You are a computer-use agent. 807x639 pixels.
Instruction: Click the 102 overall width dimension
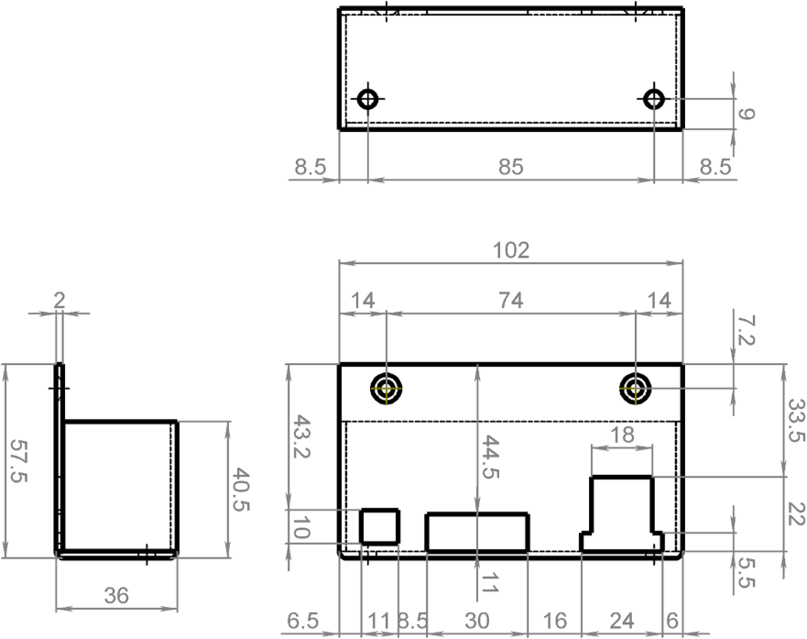coord(510,251)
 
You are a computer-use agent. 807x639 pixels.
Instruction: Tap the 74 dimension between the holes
coord(510,301)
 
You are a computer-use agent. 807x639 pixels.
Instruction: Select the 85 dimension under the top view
coord(510,168)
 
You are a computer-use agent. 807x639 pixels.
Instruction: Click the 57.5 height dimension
coord(18,461)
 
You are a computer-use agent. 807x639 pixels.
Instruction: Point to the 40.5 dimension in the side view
coord(240,490)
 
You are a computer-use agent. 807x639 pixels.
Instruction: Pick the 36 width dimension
coord(116,596)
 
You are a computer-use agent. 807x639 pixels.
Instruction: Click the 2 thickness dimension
coord(60,300)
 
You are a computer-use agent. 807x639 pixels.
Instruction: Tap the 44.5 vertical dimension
coord(490,457)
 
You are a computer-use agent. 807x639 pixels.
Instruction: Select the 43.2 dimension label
coord(300,436)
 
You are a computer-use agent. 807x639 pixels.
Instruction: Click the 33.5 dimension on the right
coord(796,420)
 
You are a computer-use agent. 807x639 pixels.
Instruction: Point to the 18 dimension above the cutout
coord(622,435)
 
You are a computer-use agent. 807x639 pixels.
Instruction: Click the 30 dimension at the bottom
coord(477,622)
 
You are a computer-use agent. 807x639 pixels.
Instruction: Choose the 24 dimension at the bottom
coord(622,622)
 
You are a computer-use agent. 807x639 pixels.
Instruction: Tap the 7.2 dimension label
coord(746,331)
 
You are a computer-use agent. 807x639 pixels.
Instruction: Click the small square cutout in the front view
coord(380,526)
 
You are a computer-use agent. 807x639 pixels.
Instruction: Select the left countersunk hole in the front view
coord(386,388)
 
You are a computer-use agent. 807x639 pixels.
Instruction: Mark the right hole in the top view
coord(654,98)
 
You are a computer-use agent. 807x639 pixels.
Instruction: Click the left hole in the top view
coord(368,98)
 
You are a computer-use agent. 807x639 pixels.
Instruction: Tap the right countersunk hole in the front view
coord(636,388)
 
